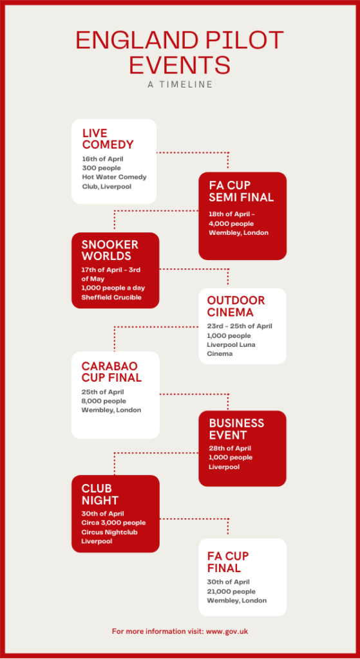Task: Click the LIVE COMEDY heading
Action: coord(108,139)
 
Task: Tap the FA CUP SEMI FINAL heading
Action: coord(242,191)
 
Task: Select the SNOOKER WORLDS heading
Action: coord(109,250)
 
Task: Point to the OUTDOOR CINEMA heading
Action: coord(236,306)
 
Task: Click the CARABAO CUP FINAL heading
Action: coord(111,371)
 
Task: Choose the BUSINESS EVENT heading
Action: coord(236,429)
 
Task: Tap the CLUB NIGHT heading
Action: coord(100,494)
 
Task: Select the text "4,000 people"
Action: coord(231,223)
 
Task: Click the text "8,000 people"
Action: coord(104,401)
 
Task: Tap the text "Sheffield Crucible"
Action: coord(111,297)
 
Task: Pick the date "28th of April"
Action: coord(230,448)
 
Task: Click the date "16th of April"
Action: coord(102,158)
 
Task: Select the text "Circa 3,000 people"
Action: coord(113,523)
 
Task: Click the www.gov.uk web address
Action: coord(227,631)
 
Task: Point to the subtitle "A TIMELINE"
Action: coord(180,84)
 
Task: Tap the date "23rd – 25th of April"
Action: coord(240,326)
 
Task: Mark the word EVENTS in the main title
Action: coord(180,65)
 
